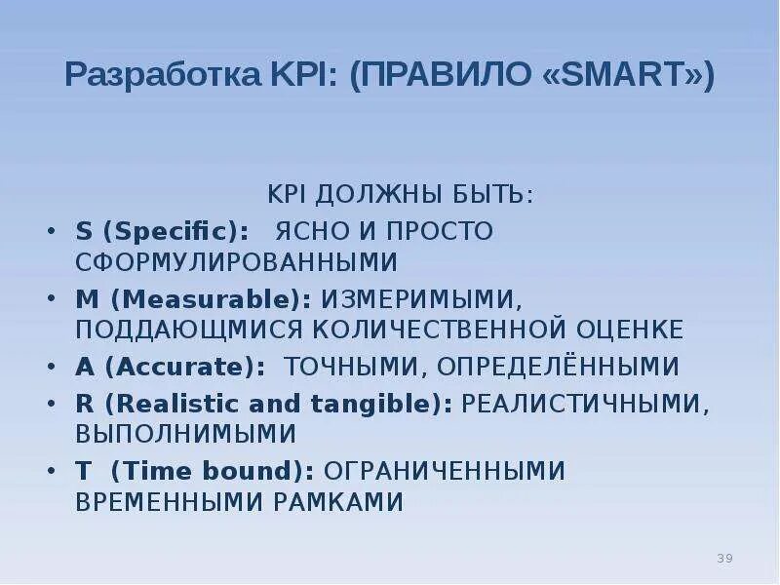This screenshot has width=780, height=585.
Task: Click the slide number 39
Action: click(x=724, y=558)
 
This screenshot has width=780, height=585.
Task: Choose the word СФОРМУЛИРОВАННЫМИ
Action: click(x=237, y=262)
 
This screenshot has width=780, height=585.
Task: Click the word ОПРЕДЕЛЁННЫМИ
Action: click(x=557, y=367)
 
